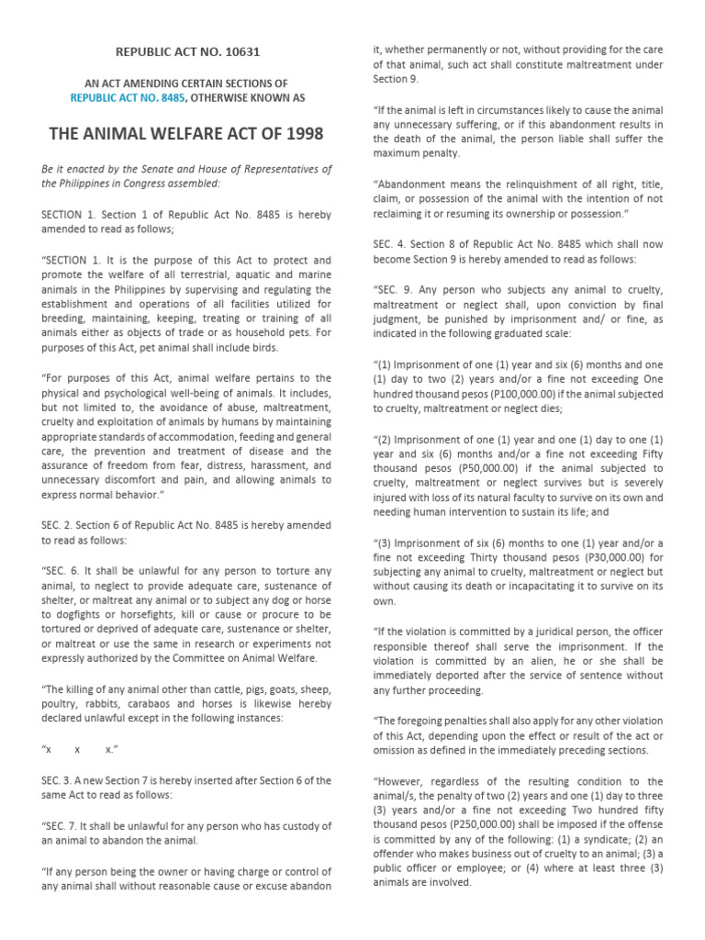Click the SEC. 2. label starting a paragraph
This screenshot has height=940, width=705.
coord(59,526)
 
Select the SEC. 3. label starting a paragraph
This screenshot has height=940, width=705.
coord(59,780)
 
